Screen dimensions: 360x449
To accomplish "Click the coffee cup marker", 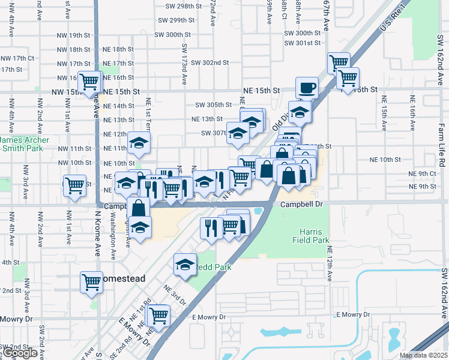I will point(307,88).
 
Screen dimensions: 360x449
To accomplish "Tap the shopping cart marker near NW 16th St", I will point(89,81).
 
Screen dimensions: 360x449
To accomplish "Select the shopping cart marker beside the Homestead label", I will point(92,281).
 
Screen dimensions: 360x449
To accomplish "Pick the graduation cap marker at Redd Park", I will point(185,264).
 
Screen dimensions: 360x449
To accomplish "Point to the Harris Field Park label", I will point(315,236).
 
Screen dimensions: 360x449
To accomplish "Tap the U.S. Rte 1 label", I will point(393,19).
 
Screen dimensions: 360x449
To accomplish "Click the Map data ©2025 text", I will point(423,355).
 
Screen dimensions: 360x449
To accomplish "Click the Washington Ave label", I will point(112,238).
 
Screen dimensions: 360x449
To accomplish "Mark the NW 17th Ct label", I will point(17,58).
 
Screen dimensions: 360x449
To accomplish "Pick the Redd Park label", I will point(213,266).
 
